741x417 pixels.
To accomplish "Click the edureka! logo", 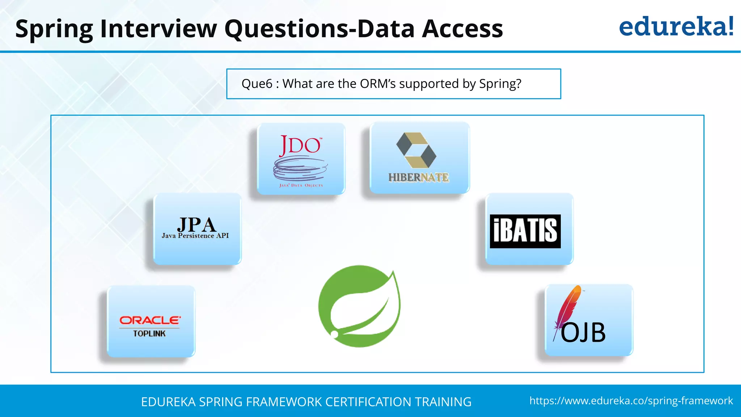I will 676,27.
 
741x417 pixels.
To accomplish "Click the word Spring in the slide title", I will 54,29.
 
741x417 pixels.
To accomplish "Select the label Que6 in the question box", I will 257,84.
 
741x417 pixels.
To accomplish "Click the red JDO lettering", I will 300,146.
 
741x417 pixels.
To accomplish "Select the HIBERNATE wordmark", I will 419,177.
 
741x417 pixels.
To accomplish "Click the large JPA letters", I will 196,224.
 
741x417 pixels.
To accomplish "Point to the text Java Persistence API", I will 195,236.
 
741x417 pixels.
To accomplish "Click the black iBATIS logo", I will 525,231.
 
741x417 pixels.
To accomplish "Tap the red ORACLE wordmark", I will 150,320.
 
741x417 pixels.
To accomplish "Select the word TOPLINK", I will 149,334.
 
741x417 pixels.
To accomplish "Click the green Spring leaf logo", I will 359,306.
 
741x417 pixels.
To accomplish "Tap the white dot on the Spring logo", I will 335,334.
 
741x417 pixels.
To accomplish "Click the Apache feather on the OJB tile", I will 568,308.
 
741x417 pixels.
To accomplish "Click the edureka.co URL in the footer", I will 631,401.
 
